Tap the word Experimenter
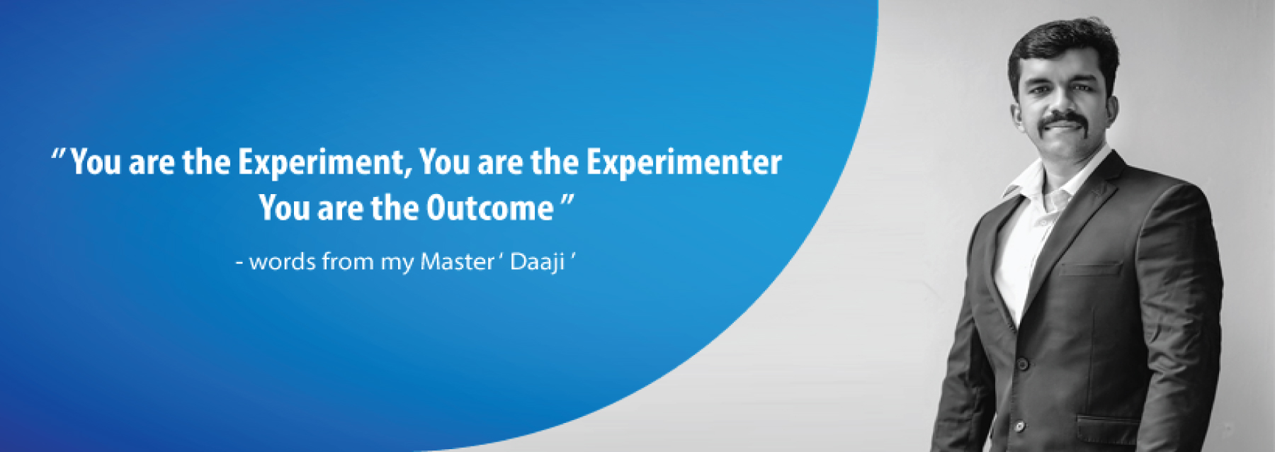pos(684,162)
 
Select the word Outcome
pos(489,208)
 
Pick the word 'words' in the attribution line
pos(283,261)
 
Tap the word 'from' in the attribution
pos(348,261)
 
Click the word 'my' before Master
pos(397,264)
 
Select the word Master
pos(457,261)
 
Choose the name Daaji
pos(538,263)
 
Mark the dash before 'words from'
pos(239,264)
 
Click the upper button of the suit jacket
pos(1023,363)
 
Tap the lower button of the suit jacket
pos(1019,426)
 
